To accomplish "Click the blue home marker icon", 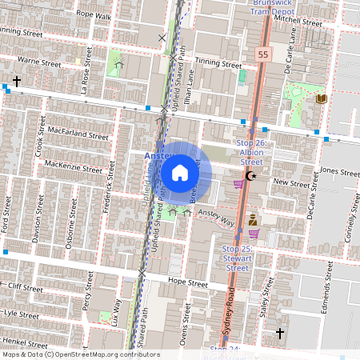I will point(180,173).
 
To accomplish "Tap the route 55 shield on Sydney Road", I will point(262,54).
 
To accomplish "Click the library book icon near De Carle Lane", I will point(322,98).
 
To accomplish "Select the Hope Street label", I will point(189,283).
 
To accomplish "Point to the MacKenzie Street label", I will point(74,166).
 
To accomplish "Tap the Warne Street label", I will point(39,61).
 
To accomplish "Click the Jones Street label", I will point(340,171).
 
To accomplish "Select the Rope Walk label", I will point(94,14).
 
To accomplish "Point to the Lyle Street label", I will point(22,314).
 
